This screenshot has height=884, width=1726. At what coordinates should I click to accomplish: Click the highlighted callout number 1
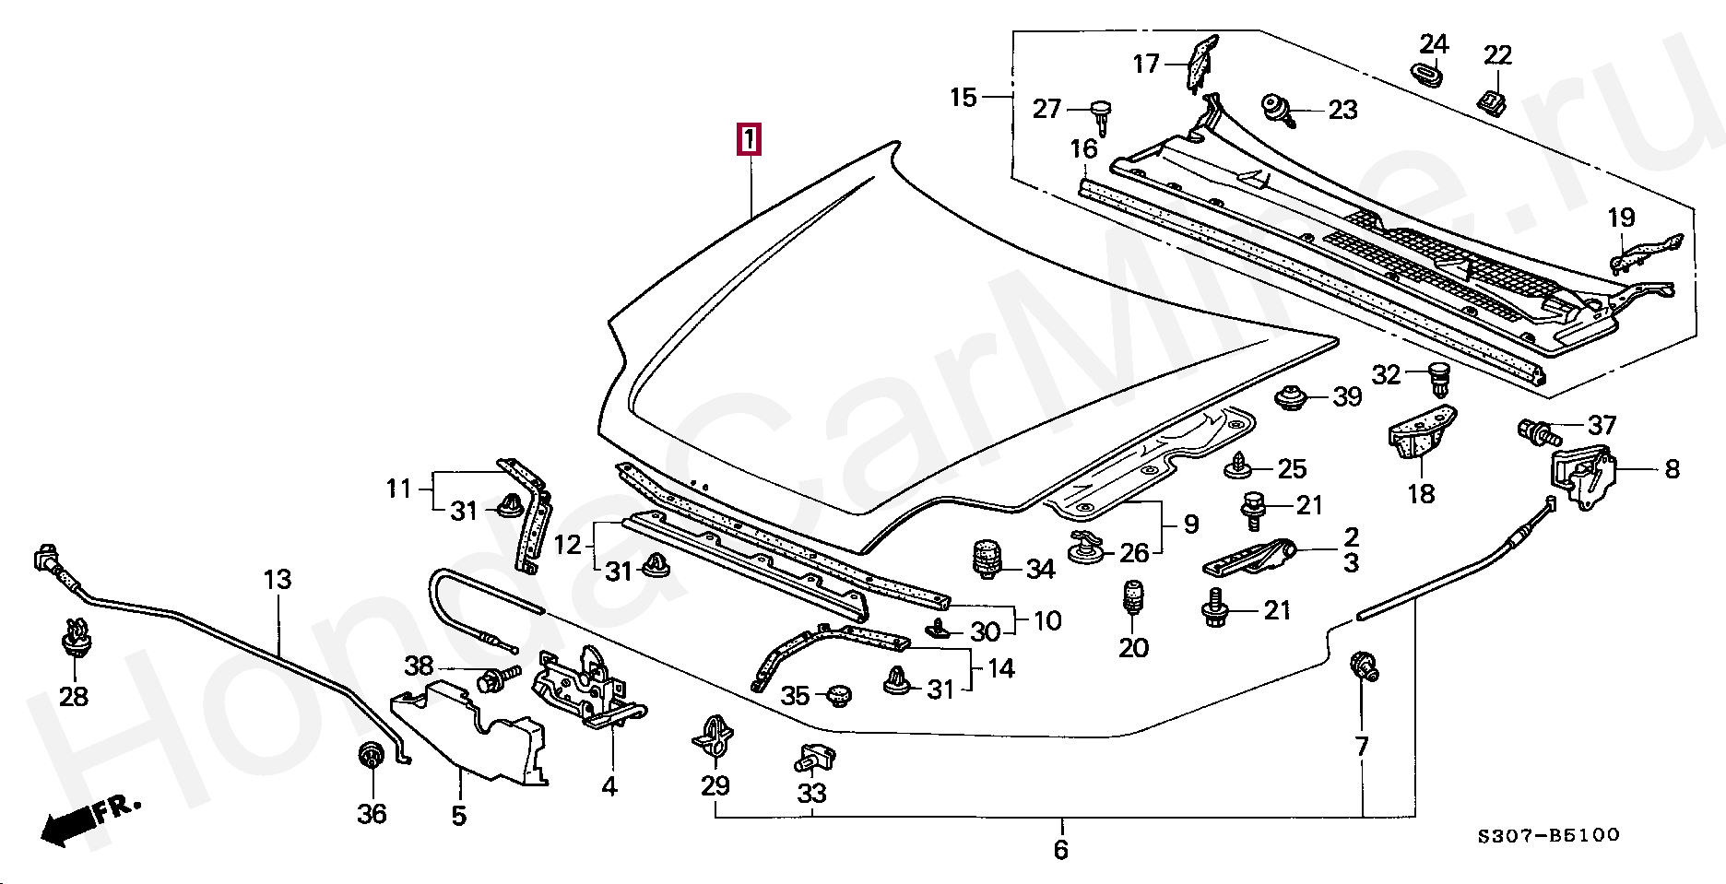click(x=749, y=139)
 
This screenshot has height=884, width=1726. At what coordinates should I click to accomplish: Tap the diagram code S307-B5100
click(x=1549, y=835)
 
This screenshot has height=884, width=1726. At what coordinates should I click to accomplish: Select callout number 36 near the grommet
click(x=372, y=814)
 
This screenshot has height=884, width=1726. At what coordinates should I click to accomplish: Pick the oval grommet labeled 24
click(x=1428, y=73)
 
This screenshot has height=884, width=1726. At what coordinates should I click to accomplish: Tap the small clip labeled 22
click(x=1493, y=100)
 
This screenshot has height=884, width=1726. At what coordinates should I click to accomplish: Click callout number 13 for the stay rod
click(x=278, y=579)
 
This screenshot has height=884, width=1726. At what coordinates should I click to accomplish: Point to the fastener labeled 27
click(x=1101, y=115)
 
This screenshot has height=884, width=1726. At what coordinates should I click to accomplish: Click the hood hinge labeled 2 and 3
click(x=1251, y=557)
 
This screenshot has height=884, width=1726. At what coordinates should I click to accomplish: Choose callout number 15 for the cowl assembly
click(x=963, y=97)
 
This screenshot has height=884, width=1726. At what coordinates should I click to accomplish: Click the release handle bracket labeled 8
click(x=1584, y=476)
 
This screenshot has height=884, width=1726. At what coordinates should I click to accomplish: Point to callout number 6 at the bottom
click(x=1060, y=849)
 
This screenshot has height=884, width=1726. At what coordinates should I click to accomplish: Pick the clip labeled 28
click(x=75, y=636)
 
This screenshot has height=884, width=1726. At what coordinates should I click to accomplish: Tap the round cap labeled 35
click(x=838, y=694)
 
